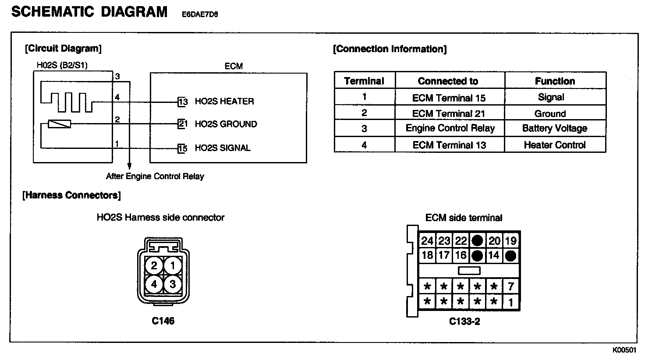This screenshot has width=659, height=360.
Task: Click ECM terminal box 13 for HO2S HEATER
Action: point(183,102)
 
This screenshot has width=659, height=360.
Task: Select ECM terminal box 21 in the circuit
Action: point(183,124)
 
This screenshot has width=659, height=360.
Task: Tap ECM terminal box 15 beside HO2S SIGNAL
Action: point(183,148)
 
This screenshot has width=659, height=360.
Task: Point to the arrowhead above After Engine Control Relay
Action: point(129,166)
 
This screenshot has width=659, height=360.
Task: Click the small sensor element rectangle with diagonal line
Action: point(59,124)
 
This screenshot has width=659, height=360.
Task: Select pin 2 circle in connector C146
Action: point(154,265)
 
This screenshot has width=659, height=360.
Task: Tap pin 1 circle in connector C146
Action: point(173,265)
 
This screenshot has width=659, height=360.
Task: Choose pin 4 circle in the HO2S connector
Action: point(154,284)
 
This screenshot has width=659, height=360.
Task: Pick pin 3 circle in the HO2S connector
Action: point(173,284)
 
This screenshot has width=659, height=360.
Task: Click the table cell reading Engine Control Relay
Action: point(450,128)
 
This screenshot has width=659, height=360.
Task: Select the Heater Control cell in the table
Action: point(555,145)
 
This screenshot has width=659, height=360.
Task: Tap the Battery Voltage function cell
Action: point(555,128)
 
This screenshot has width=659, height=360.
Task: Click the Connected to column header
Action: point(448,81)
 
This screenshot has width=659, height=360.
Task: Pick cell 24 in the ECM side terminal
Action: point(427,240)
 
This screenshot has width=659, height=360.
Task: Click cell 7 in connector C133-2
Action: point(511,287)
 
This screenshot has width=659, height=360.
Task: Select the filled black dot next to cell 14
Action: point(510,256)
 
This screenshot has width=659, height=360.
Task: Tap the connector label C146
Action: point(163,321)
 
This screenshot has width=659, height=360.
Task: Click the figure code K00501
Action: point(624,350)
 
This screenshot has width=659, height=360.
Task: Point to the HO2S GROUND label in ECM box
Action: point(226,124)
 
